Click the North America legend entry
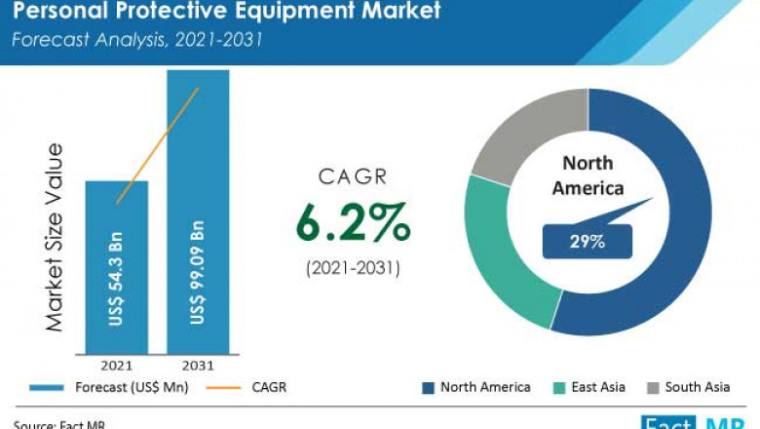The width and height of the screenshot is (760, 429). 476,388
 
